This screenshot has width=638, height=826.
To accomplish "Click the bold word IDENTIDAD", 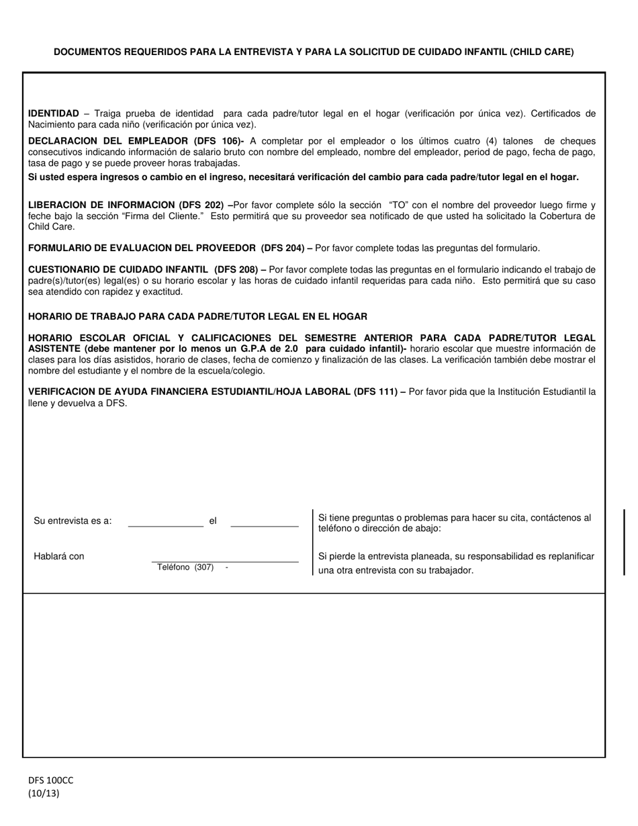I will point(54,113).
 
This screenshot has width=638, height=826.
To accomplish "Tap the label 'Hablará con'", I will point(59,556).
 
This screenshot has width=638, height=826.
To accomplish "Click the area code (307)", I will point(204,567).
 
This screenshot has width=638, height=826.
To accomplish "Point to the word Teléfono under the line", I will point(173,567).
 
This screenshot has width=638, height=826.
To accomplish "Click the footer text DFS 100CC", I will point(51,780).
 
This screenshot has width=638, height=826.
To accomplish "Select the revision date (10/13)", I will point(43,792).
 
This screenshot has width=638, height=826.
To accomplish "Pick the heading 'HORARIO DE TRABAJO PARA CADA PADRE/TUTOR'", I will point(197,316).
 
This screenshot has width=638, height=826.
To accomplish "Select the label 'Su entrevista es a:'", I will point(73,521).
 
